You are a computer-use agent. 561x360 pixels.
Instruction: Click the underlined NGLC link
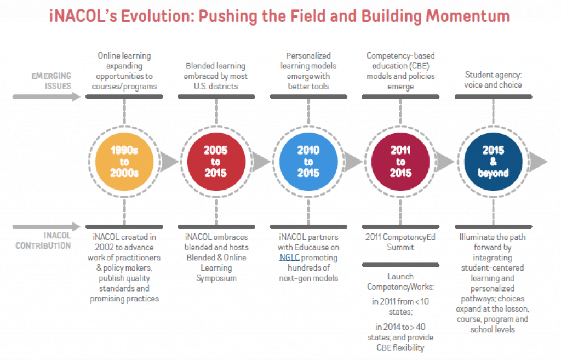click(x=289, y=258)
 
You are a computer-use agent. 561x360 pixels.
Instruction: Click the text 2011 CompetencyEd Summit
click(x=400, y=242)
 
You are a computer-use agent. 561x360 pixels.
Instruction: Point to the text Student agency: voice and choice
click(x=493, y=80)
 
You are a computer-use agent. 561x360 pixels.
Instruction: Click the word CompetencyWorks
click(x=400, y=287)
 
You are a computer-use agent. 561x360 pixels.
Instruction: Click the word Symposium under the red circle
click(x=216, y=278)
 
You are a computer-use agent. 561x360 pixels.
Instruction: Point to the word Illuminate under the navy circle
click(x=477, y=237)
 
